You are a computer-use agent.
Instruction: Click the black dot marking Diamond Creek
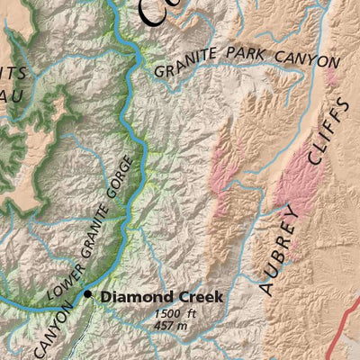point(88,294)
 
